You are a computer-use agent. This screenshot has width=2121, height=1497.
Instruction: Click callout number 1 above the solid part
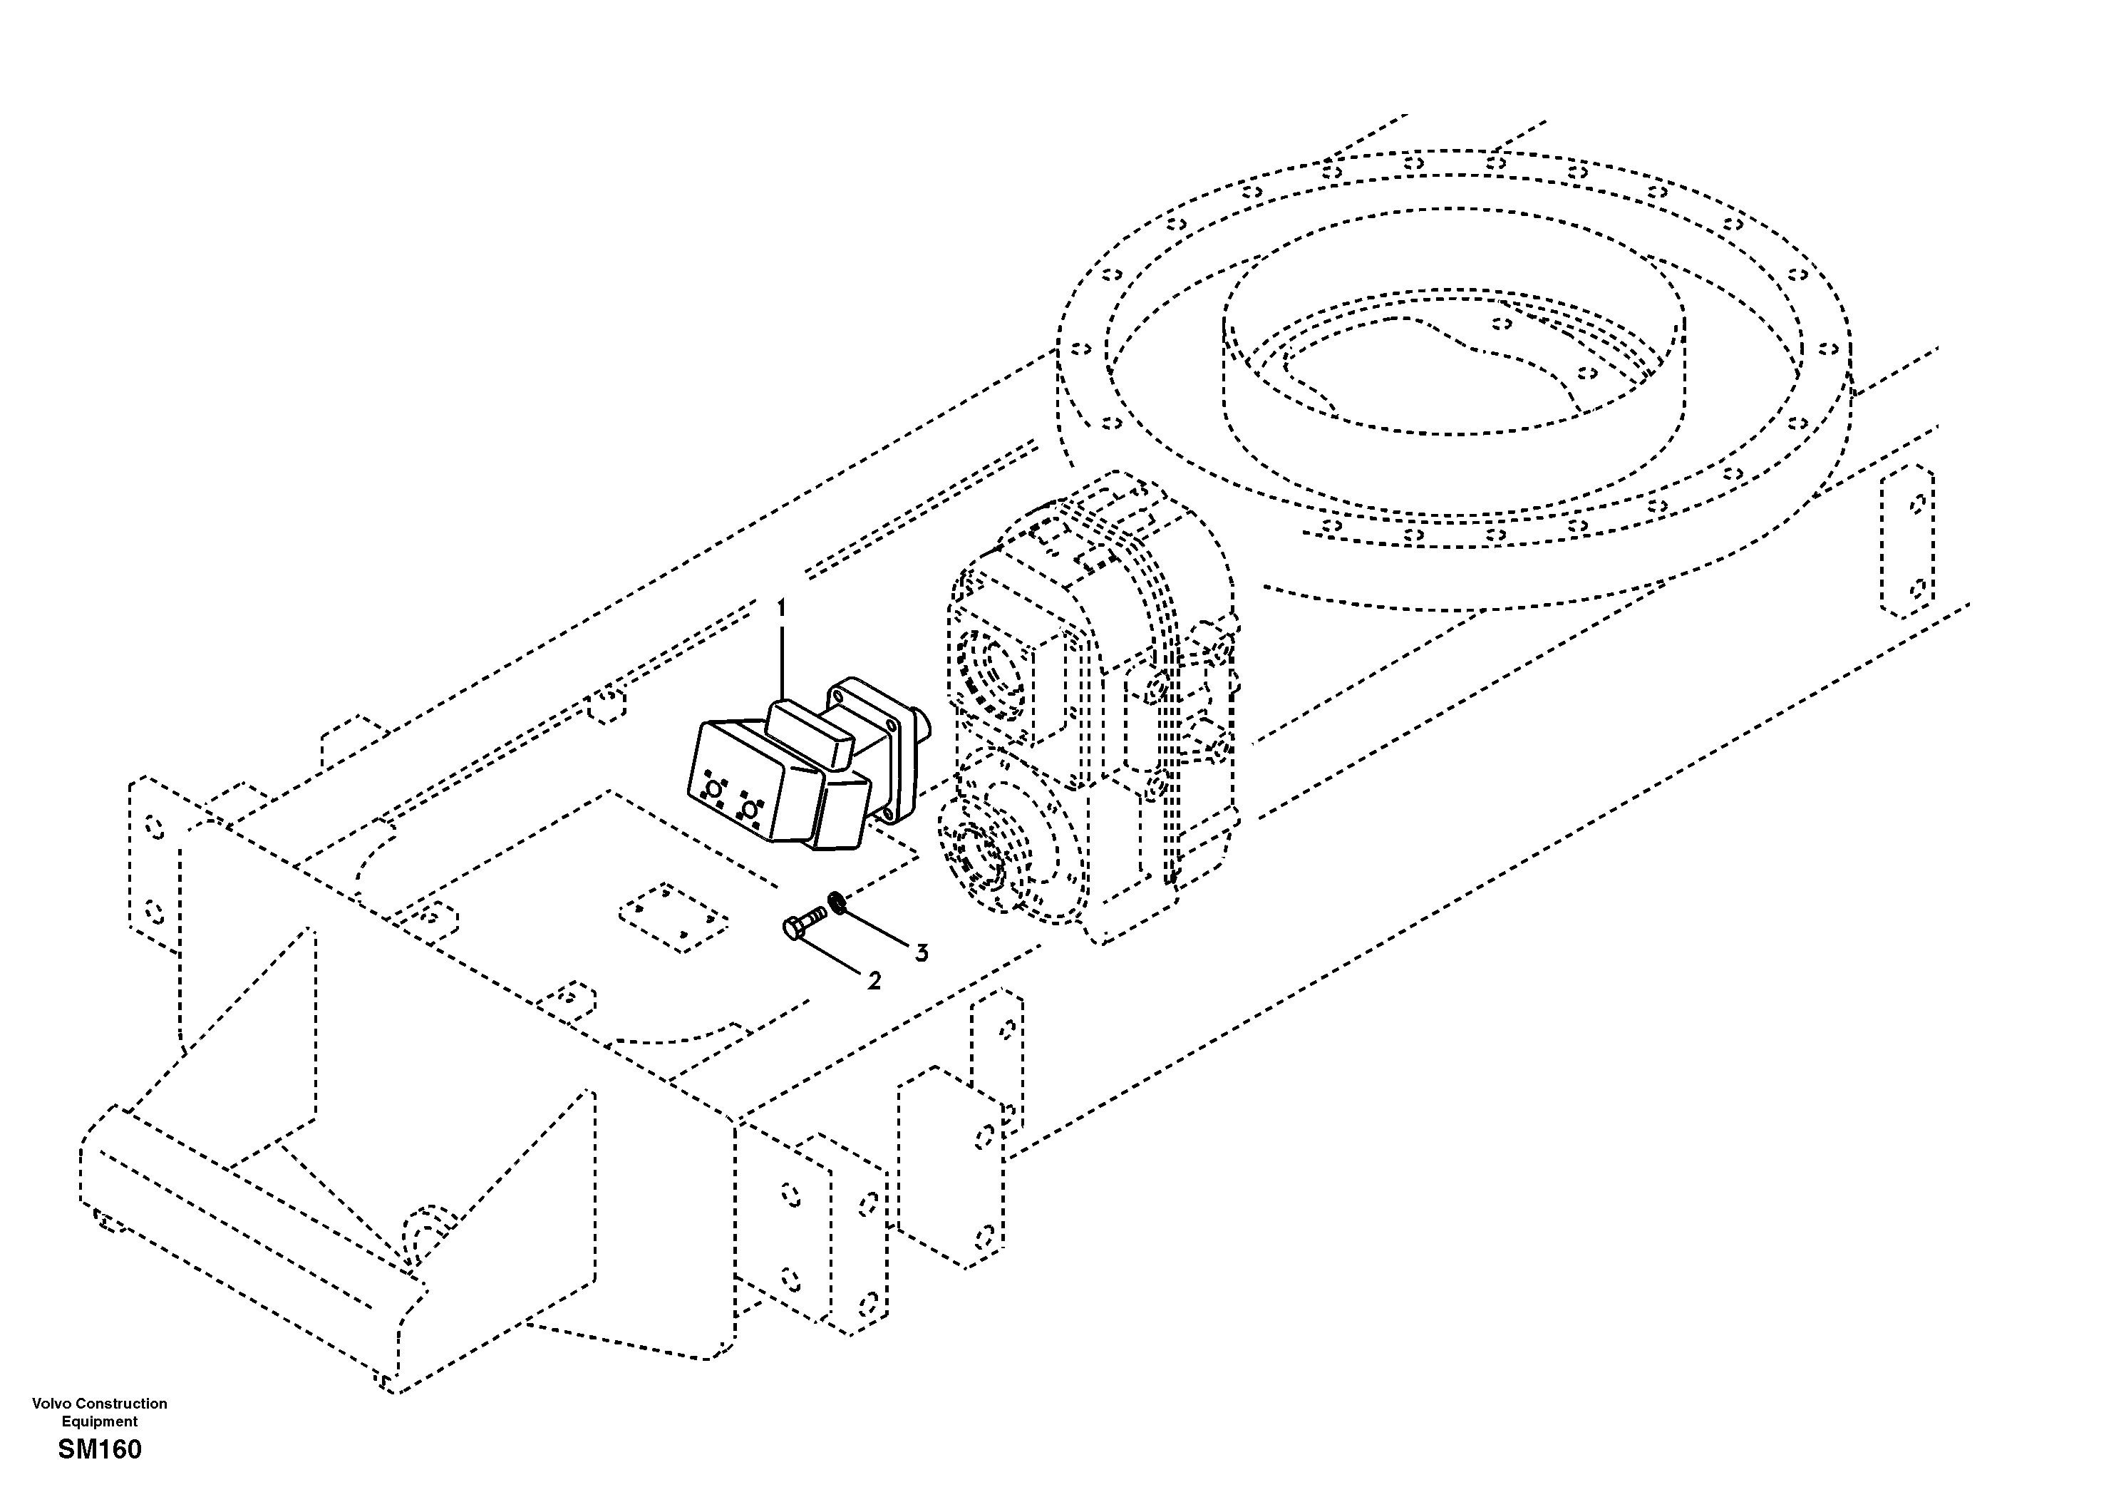pyautogui.click(x=782, y=608)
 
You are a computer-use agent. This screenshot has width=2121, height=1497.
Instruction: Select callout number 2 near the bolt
pyautogui.click(x=874, y=980)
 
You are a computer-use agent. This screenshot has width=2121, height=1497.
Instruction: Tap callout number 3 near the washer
pyautogui.click(x=921, y=952)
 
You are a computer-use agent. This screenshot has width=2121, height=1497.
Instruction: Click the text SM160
pyautogui.click(x=100, y=1450)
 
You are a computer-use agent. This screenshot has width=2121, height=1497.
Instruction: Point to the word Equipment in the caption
pyautogui.click(x=99, y=1421)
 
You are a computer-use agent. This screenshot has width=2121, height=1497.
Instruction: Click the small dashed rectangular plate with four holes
pyautogui.click(x=673, y=917)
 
